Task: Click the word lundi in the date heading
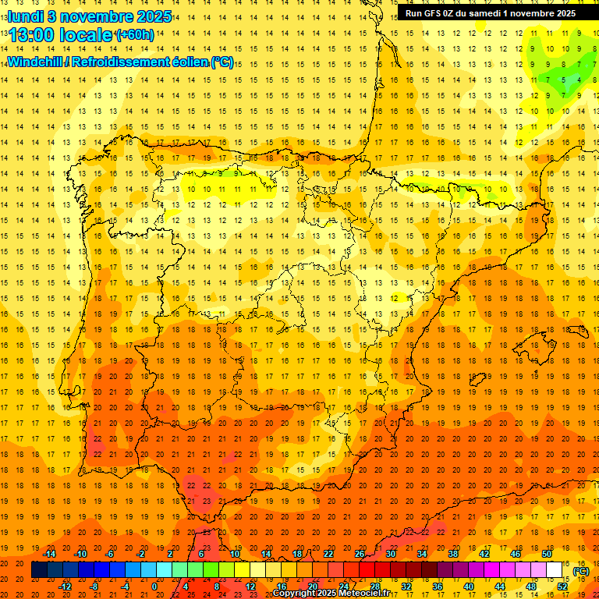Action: (26, 16)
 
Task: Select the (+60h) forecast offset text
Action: (134, 35)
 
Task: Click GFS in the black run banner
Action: (434, 13)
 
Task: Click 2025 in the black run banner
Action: (562, 13)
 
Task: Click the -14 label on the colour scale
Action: (50, 554)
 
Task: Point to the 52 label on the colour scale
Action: (562, 587)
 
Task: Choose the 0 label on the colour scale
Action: (154, 587)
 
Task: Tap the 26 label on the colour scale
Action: (360, 554)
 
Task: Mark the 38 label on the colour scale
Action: (452, 554)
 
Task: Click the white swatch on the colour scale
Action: (555, 570)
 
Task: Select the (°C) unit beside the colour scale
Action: (581, 571)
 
